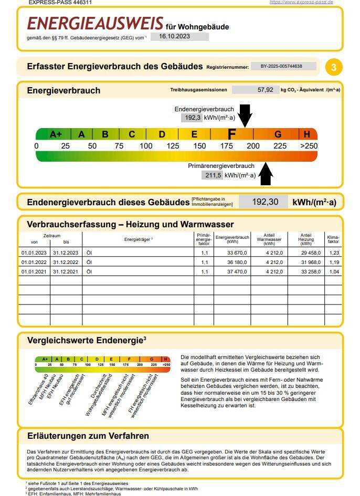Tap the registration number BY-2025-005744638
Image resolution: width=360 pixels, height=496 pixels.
pyautogui.click(x=282, y=66)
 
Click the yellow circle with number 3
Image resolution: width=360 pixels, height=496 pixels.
pyautogui.click(x=334, y=67)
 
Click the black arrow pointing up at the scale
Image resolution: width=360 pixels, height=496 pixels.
pyautogui.click(x=266, y=174)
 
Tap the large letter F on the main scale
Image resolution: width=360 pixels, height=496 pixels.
pyautogui.click(x=231, y=134)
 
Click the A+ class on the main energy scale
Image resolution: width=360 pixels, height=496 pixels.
pyautogui.click(x=56, y=134)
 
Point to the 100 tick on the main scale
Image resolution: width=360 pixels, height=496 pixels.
pyautogui.click(x=146, y=146)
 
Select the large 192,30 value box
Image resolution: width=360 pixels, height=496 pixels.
pyautogui.click(x=263, y=202)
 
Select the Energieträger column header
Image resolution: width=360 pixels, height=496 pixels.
pyautogui.click(x=138, y=239)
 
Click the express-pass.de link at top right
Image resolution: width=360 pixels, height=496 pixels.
pyautogui.click(x=301, y=3)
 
